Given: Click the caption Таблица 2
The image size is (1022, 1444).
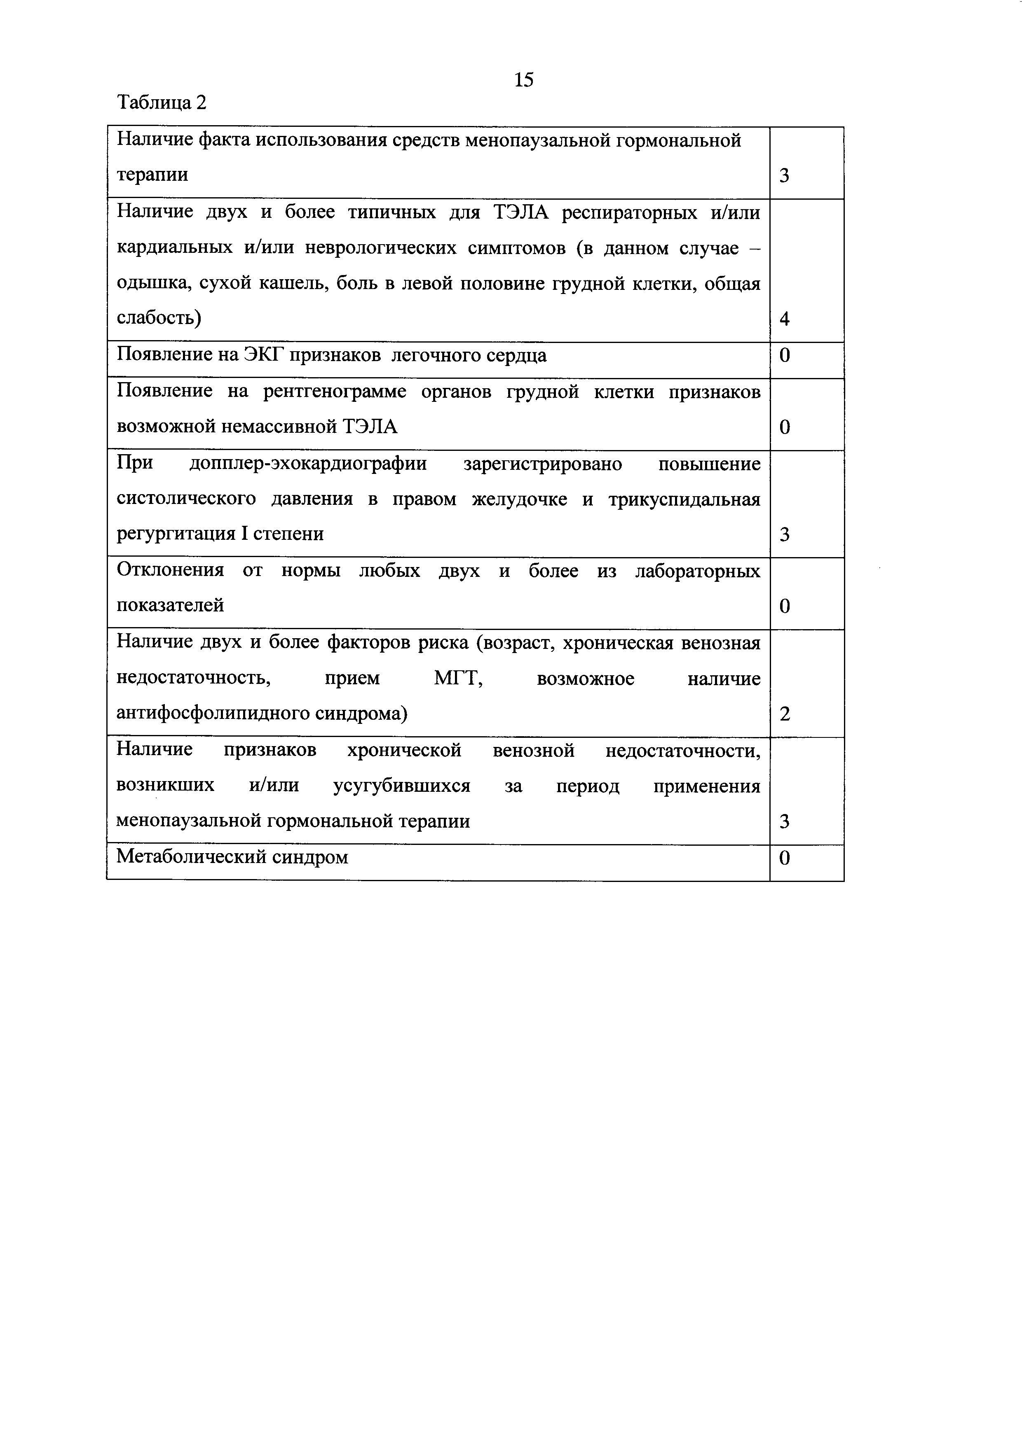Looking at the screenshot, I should (162, 102).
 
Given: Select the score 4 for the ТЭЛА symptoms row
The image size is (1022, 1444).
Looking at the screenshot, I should (784, 319).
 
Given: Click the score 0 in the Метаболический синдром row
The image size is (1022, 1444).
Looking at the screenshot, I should (784, 858).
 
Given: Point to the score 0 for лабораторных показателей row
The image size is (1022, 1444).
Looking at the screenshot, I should (784, 606).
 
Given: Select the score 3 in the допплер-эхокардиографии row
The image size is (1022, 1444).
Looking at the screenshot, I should (784, 534).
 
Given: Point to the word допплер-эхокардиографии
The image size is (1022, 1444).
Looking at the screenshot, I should (308, 464).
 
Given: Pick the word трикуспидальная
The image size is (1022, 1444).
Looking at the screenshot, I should (684, 499).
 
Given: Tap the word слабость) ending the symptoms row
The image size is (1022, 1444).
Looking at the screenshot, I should (159, 319).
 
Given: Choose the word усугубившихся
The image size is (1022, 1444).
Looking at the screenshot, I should (401, 786).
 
